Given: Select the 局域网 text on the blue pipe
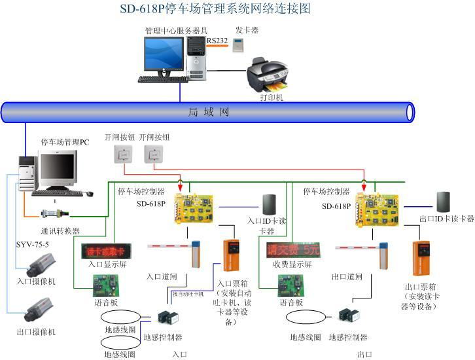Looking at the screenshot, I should click(209, 112).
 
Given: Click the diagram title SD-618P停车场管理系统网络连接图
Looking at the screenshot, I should click(214, 9).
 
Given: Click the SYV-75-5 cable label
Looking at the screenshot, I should click(32, 244).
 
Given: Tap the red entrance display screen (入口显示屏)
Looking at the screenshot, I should click(105, 251).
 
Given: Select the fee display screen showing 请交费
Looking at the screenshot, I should click(292, 249).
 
